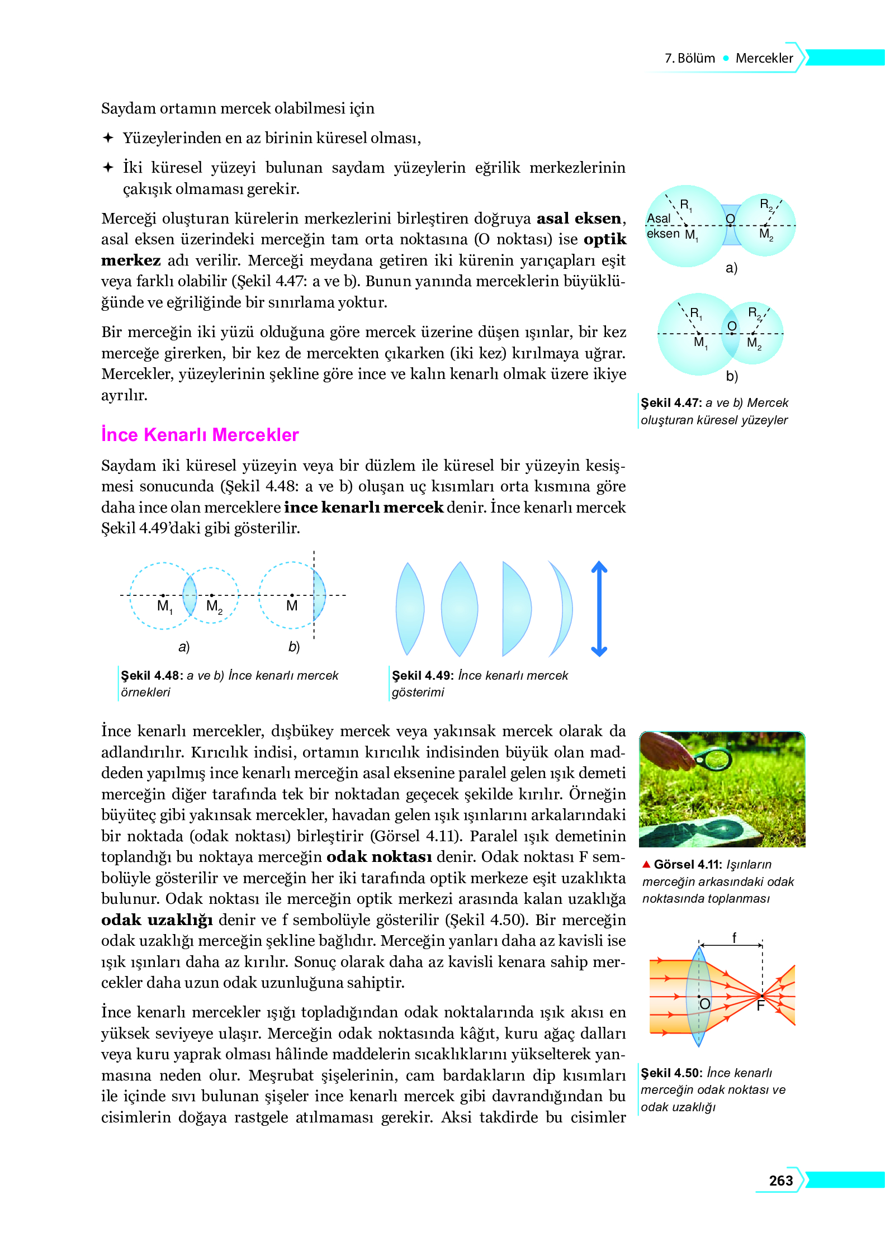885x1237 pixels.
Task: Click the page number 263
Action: click(x=780, y=1180)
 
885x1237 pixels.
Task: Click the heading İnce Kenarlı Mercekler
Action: click(x=200, y=434)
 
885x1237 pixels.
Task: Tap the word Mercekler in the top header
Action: click(x=764, y=58)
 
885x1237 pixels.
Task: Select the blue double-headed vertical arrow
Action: click(x=599, y=608)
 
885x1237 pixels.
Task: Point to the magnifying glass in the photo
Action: click(x=713, y=759)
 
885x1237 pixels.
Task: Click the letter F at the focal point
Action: click(x=760, y=1006)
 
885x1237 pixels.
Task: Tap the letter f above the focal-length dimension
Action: click(x=734, y=937)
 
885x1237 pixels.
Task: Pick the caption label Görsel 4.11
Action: click(x=687, y=864)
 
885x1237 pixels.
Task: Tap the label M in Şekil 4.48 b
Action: click(x=292, y=606)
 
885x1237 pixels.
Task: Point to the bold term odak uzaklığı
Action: click(x=157, y=920)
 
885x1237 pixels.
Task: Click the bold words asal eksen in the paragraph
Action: click(x=579, y=218)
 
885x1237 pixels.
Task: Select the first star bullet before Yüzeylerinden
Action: click(x=108, y=138)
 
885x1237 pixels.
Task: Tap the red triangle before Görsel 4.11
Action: click(x=646, y=864)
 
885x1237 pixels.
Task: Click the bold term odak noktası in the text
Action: click(x=378, y=856)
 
